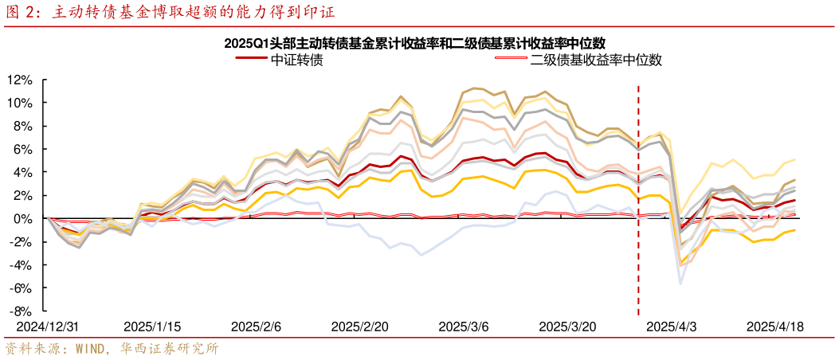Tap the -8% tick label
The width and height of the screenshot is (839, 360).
pyautogui.click(x=22, y=311)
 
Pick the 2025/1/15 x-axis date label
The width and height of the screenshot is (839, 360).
pyautogui.click(x=152, y=327)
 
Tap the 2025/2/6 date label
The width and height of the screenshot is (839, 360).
pyautogui.click(x=257, y=327)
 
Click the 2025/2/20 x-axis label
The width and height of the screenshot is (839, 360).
pyautogui.click(x=359, y=327)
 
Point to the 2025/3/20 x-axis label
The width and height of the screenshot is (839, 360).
pyautogui.click(x=568, y=327)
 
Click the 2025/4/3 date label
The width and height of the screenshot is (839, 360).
pyautogui.click(x=671, y=327)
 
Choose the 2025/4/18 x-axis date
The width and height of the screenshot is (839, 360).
pyautogui.click(x=774, y=327)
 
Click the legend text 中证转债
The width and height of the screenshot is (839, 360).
pyautogui.click(x=297, y=60)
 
